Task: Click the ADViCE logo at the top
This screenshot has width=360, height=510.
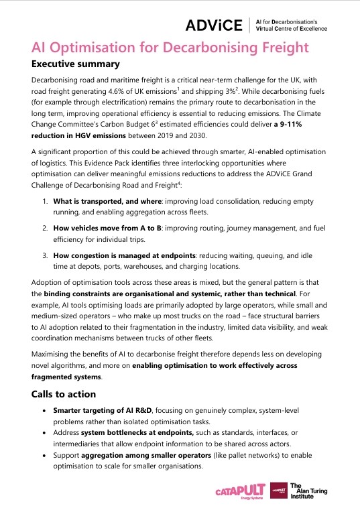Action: tap(215, 25)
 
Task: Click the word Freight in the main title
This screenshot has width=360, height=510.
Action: tap(279, 48)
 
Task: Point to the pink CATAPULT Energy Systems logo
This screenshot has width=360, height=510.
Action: tap(241, 493)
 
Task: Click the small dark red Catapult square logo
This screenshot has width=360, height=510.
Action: tap(279, 492)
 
